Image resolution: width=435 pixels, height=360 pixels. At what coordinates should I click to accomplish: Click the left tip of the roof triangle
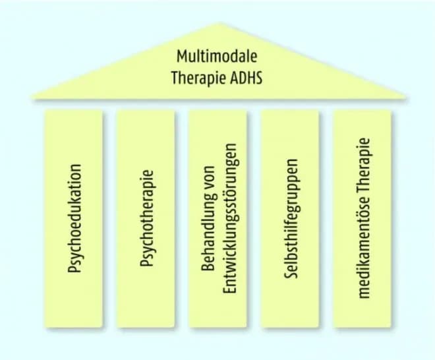(x=32, y=99)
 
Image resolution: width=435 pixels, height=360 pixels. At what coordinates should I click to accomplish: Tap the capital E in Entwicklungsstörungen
(x=228, y=290)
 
